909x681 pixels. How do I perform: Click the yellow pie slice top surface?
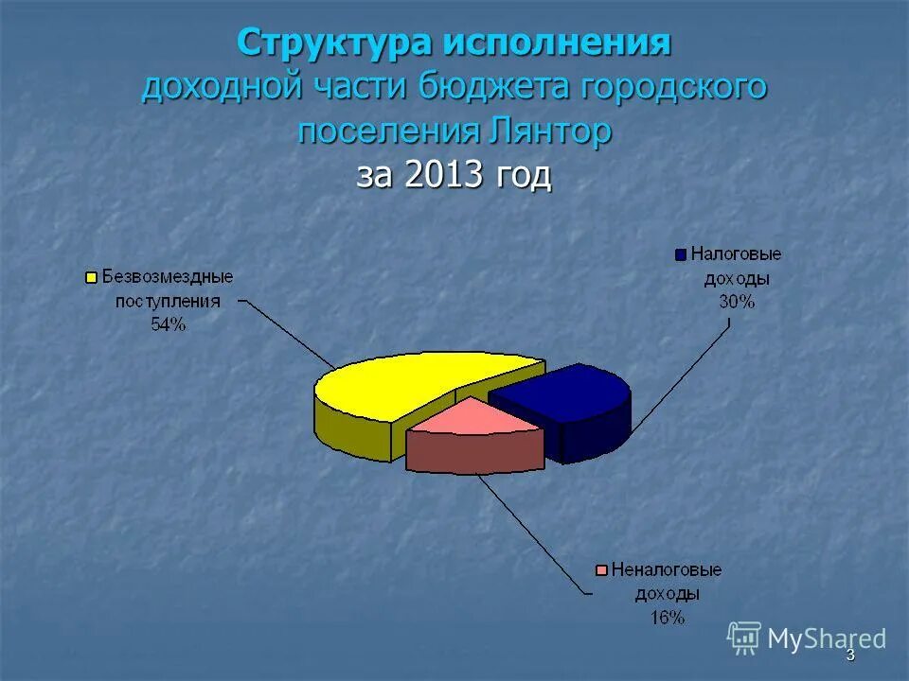pos(407,383)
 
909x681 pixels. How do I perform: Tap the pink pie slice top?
pos(473,418)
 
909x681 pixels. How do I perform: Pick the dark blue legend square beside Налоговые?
pos(680,254)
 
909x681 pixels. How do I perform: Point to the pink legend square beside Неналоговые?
pos(600,570)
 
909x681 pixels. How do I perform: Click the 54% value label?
pos(168,324)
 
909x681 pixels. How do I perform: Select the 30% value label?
pos(736,303)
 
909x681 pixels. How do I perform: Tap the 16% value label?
pos(666,618)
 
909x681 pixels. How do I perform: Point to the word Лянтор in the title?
pos(552,131)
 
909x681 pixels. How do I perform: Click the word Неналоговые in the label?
pos(667,570)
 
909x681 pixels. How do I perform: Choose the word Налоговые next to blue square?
pos(736,254)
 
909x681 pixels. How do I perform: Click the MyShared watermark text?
pos(826,639)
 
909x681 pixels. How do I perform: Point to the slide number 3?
pos(849,655)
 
